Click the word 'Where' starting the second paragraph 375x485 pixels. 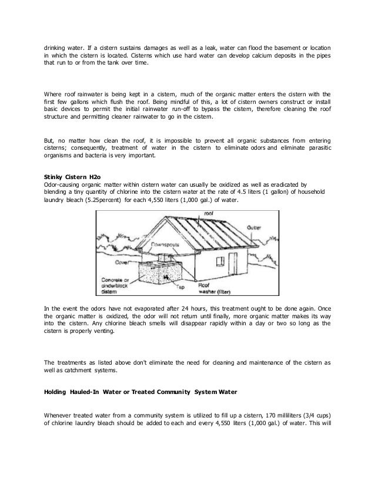pos(56,93)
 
